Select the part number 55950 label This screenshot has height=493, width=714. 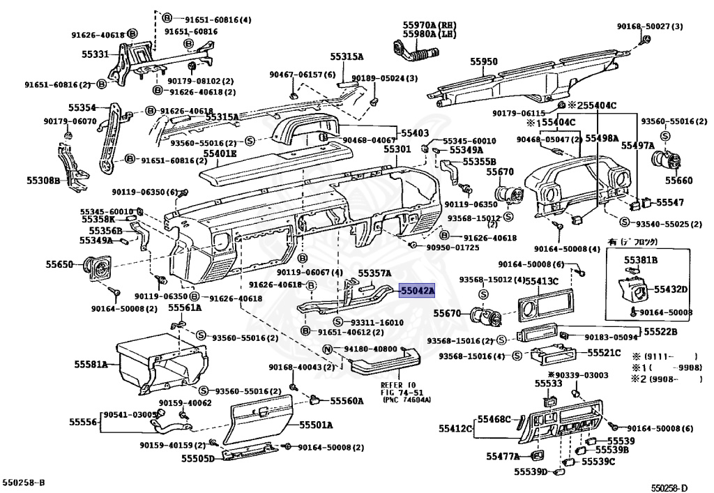[483, 62]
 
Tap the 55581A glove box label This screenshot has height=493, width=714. [91, 364]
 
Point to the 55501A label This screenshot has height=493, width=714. [316, 425]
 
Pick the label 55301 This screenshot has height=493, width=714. [397, 150]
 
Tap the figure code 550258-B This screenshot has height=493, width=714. [23, 482]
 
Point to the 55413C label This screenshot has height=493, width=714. [542, 281]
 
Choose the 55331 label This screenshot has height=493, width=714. [89, 54]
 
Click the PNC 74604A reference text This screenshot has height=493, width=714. [407, 400]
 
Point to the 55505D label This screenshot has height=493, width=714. [199, 458]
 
